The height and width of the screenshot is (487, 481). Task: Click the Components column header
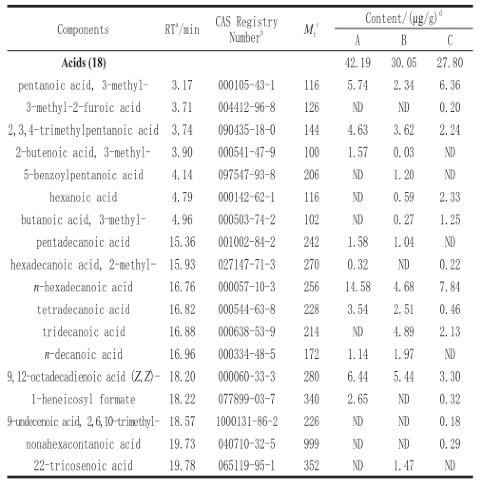(x=83, y=29)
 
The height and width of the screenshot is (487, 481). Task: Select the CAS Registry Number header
(x=246, y=29)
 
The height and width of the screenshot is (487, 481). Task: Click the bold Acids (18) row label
(x=83, y=63)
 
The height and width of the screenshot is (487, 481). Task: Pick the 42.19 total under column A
(x=358, y=63)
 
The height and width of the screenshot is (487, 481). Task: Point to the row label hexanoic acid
(x=83, y=197)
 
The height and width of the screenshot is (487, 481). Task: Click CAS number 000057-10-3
(x=246, y=287)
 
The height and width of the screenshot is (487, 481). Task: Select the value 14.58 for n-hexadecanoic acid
(x=358, y=287)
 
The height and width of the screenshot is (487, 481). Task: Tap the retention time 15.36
(x=182, y=242)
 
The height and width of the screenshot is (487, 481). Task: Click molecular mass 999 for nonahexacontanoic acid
(x=311, y=444)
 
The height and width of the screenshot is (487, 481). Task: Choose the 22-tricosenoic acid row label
(x=83, y=466)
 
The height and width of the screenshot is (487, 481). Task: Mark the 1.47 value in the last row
(x=404, y=466)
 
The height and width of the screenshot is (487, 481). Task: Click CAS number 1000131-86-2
(x=246, y=421)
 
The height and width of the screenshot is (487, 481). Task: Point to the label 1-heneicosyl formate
(x=83, y=399)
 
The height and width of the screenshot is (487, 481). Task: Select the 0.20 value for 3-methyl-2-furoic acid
(x=449, y=108)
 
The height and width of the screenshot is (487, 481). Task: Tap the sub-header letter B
(x=404, y=40)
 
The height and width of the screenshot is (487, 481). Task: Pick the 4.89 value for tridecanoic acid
(x=404, y=332)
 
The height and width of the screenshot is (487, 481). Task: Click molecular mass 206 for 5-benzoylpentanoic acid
(x=311, y=175)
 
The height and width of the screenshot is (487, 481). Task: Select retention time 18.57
(x=182, y=421)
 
